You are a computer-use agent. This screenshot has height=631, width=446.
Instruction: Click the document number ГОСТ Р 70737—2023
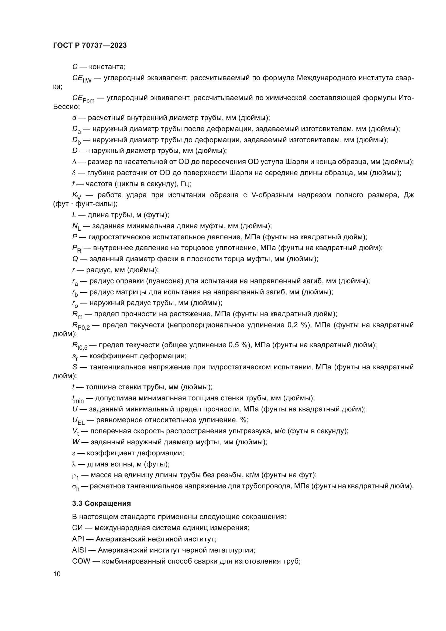pyautogui.click(x=90, y=45)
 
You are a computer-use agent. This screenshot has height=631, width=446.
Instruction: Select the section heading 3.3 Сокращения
pyautogui.click(x=101, y=503)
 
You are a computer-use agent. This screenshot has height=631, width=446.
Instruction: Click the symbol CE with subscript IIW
pyautogui.click(x=81, y=79)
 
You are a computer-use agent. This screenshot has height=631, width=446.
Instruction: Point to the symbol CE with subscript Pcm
pyautogui.click(x=83, y=98)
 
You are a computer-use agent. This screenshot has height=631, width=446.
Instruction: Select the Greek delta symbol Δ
pyautogui.click(x=74, y=162)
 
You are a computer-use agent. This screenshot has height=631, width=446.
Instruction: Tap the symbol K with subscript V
pyautogui.click(x=77, y=195)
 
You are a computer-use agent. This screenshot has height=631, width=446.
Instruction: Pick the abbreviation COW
pyautogui.click(x=81, y=561)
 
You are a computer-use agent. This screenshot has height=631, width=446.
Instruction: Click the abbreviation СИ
pyautogui.click(x=77, y=528)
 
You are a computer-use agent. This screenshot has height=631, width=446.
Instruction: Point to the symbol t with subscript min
pyautogui.click(x=78, y=399)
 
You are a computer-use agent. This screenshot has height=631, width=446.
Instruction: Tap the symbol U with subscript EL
pyautogui.click(x=78, y=421)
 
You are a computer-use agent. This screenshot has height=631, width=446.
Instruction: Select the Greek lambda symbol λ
pyautogui.click(x=74, y=465)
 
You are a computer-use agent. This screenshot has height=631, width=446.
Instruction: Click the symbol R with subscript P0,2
pyautogui.click(x=81, y=326)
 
